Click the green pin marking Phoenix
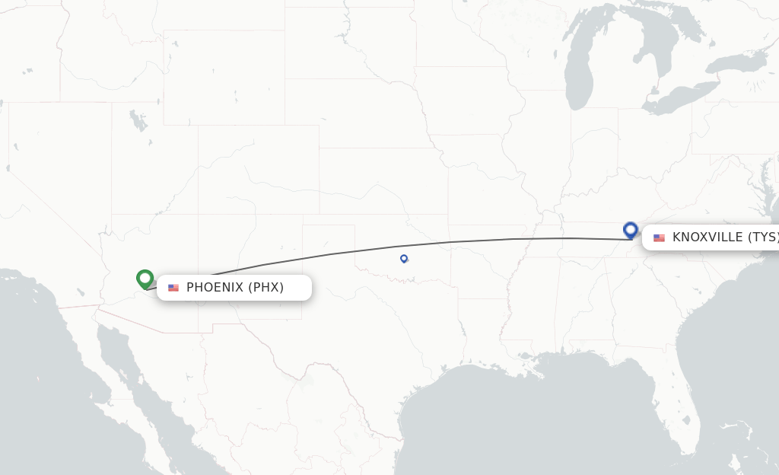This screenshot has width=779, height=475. [x=145, y=279]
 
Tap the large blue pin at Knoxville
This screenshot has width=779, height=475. [x=630, y=229]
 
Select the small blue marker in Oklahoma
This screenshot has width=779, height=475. [x=404, y=259]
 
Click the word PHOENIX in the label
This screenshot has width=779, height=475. [x=215, y=288]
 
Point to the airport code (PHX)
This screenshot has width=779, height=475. [x=265, y=288]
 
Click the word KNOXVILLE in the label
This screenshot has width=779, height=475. [x=707, y=237]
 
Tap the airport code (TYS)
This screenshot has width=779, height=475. [x=763, y=237]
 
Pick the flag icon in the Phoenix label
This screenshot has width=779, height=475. [x=173, y=288]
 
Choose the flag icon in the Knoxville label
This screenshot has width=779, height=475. [x=659, y=238]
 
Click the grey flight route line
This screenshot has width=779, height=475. [x=456, y=242]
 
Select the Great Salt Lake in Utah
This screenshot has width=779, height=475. [x=137, y=120]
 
